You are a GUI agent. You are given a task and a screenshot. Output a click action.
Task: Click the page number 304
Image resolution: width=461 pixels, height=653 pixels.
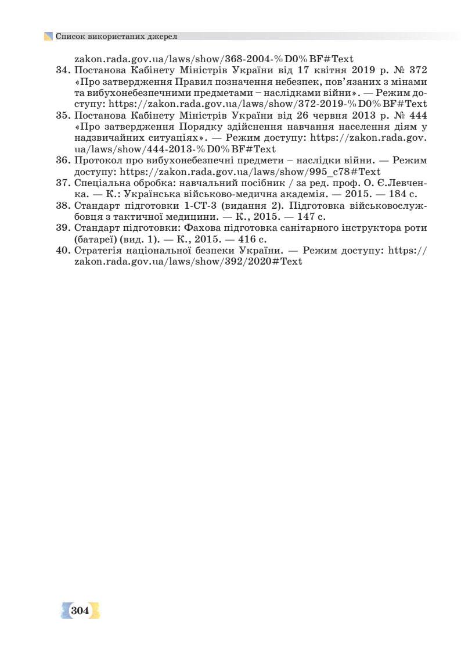point(80,611)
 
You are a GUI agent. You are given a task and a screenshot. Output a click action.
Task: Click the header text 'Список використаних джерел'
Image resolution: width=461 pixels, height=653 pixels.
point(116,36)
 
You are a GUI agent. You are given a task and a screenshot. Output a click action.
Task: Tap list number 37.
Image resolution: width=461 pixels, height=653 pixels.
point(63,183)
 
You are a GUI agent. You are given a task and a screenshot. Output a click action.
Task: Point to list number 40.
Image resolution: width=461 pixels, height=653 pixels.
point(63,251)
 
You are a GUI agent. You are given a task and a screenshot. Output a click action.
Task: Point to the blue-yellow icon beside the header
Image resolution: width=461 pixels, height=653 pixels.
point(48,36)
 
